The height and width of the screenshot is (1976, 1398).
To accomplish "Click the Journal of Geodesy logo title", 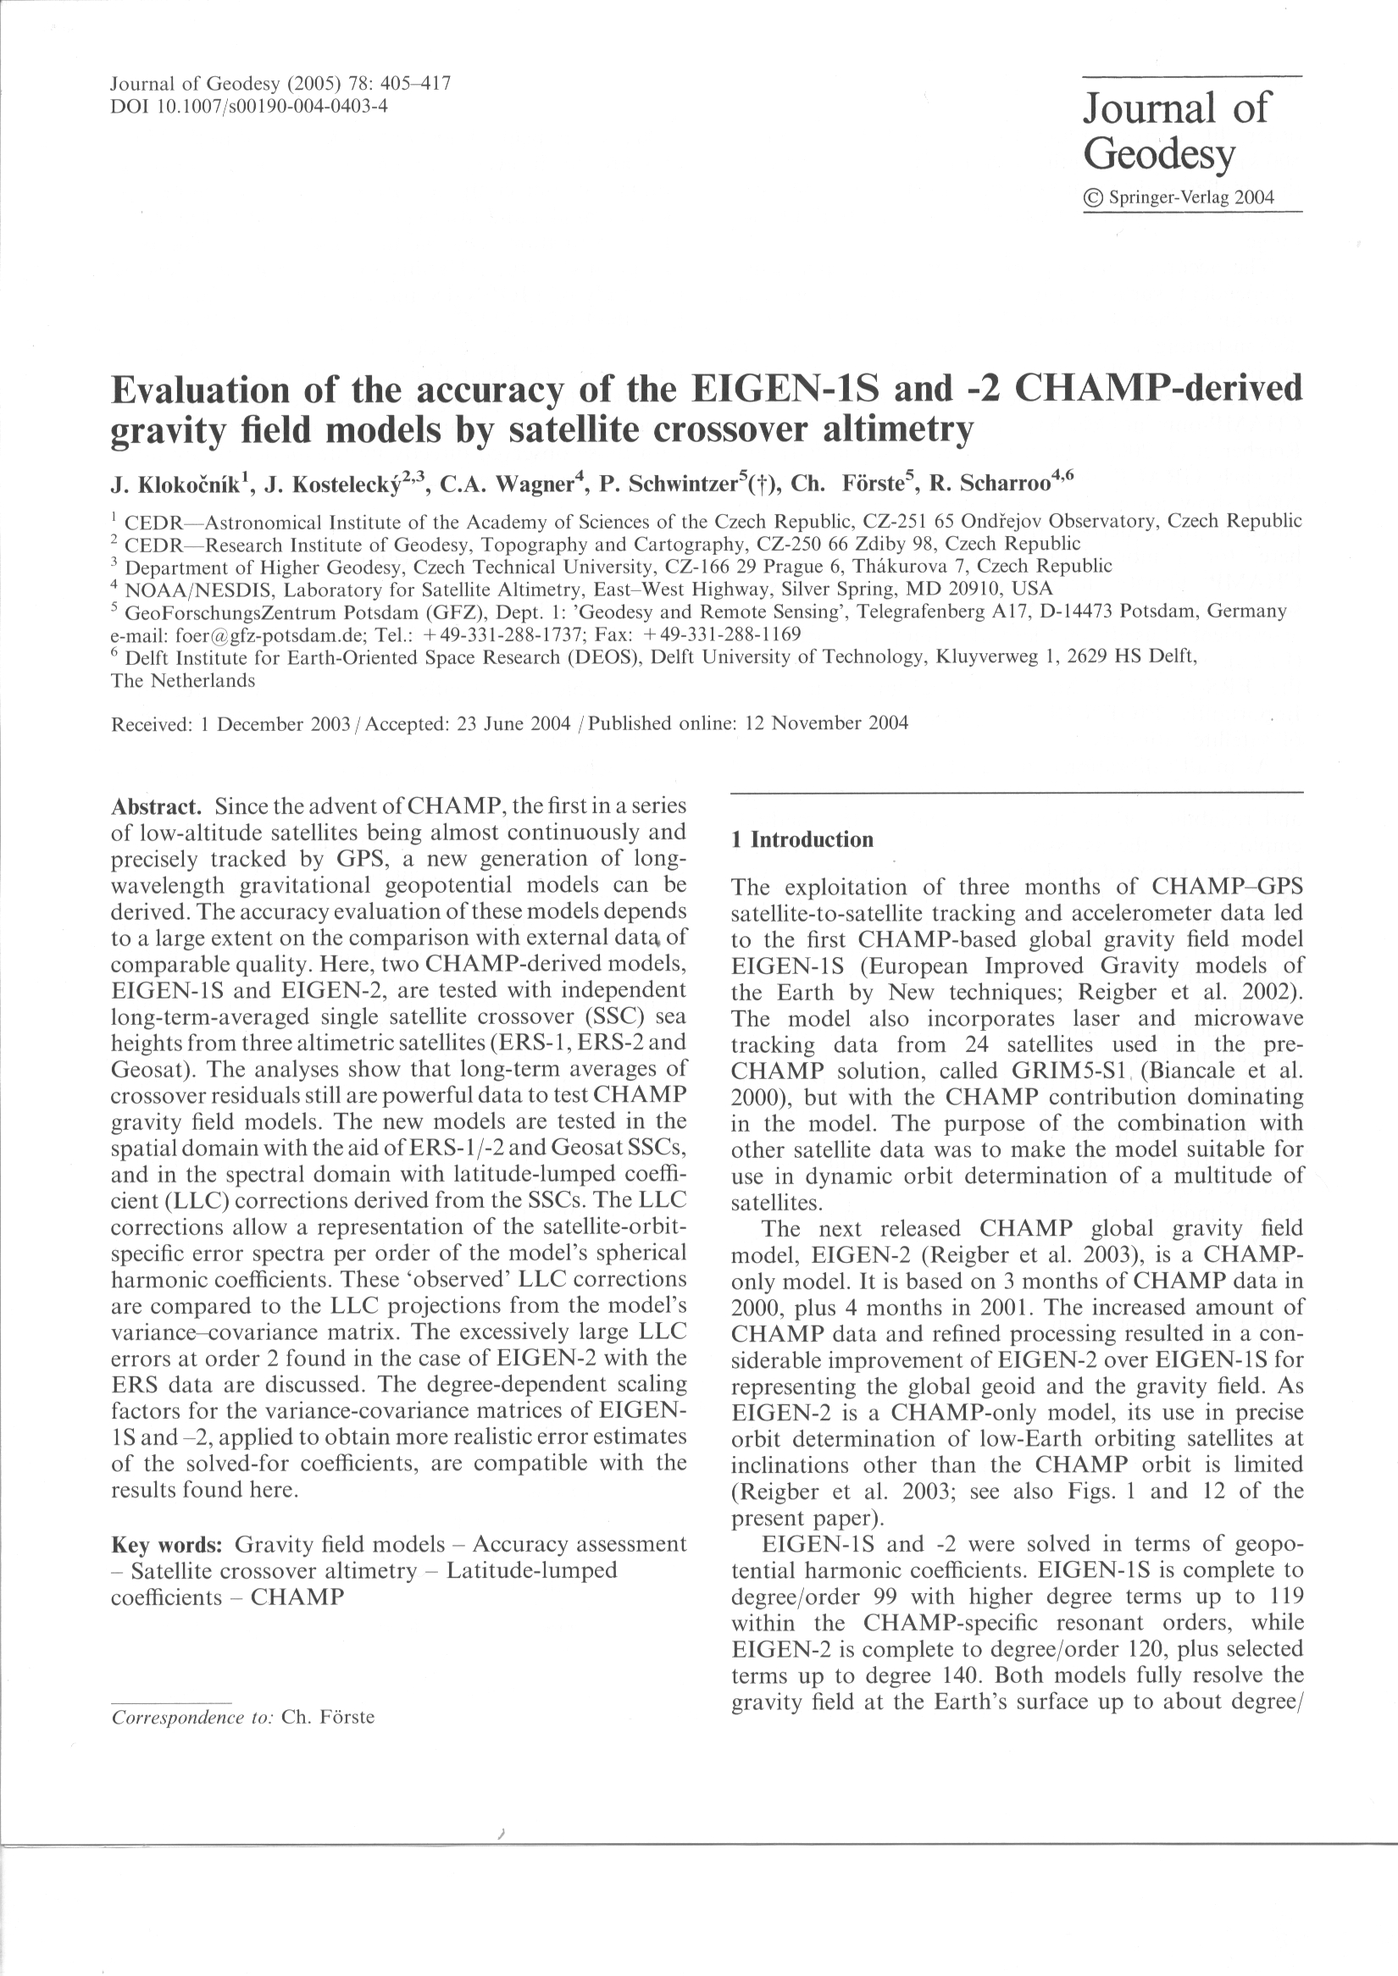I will (1174, 130).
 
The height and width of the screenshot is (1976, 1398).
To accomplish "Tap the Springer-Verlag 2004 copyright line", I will (1179, 198).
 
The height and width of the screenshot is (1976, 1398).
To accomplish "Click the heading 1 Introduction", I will (802, 840).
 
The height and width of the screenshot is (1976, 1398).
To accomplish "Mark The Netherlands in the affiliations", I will (182, 681).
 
